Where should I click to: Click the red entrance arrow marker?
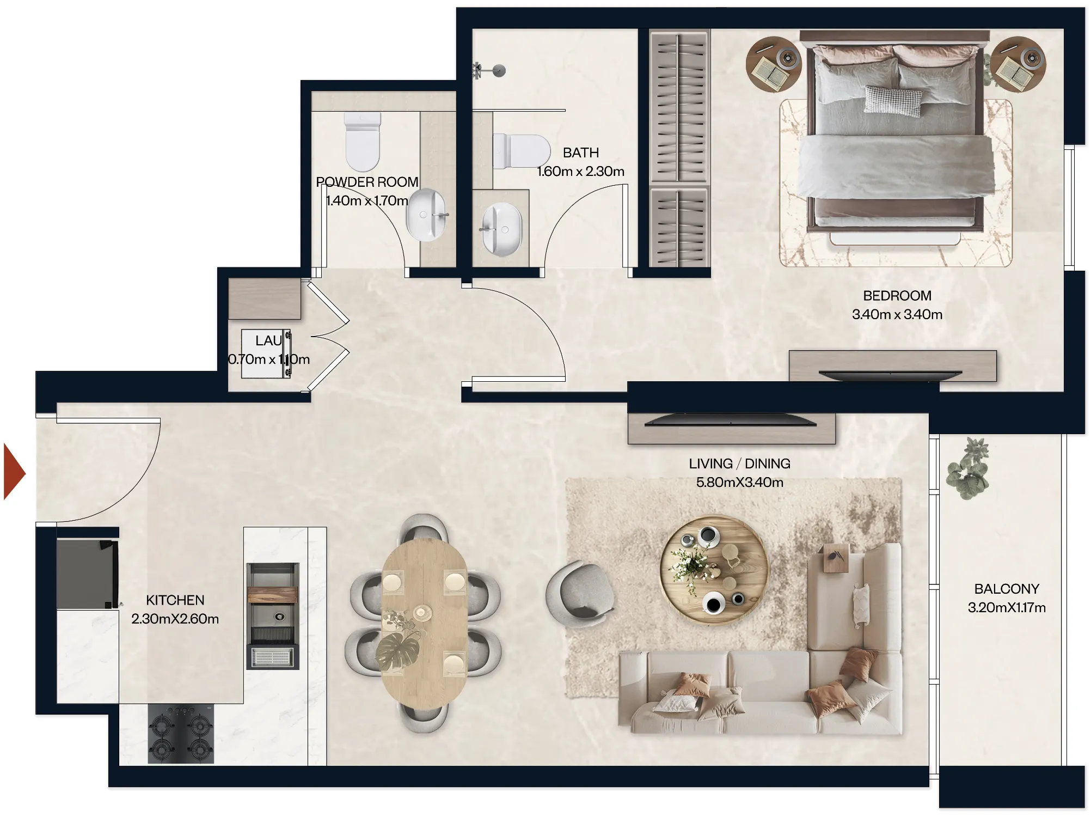tap(14, 472)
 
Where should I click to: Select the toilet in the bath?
tap(521, 151)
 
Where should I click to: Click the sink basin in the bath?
tap(502, 229)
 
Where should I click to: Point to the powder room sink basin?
tap(426, 215)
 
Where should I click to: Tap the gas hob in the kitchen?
tap(181, 734)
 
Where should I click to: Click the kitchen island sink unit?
tap(273, 615)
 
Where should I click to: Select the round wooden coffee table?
tap(714, 570)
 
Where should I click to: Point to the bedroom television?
tap(890, 375)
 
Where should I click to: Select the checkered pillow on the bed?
tap(893, 100)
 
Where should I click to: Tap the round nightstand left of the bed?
tap(773, 64)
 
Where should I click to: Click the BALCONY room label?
tap(1006, 589)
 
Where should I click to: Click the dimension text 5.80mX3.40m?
tap(739, 482)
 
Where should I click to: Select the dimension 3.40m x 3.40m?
tap(897, 314)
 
